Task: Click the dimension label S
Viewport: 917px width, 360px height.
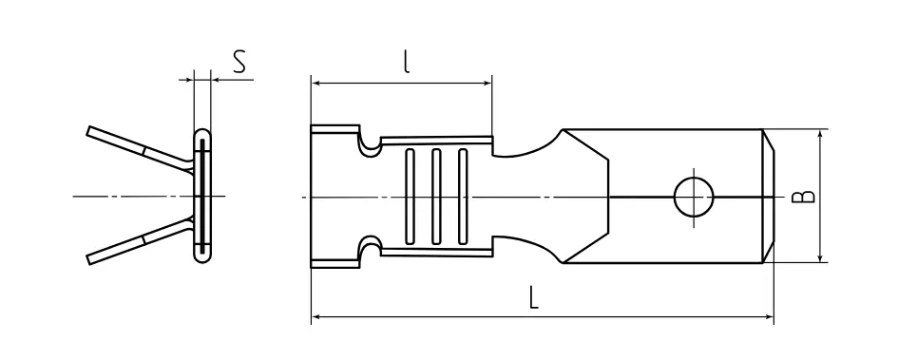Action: [239, 62]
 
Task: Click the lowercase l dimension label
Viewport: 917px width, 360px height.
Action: [407, 62]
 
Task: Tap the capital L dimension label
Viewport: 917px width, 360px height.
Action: [533, 297]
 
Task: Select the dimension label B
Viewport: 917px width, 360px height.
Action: [803, 196]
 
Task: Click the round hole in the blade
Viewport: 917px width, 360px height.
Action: [694, 198]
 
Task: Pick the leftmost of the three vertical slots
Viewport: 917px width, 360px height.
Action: [410, 197]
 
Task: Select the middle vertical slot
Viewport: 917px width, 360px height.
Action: [436, 197]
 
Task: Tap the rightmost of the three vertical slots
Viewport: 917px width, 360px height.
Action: [463, 197]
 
